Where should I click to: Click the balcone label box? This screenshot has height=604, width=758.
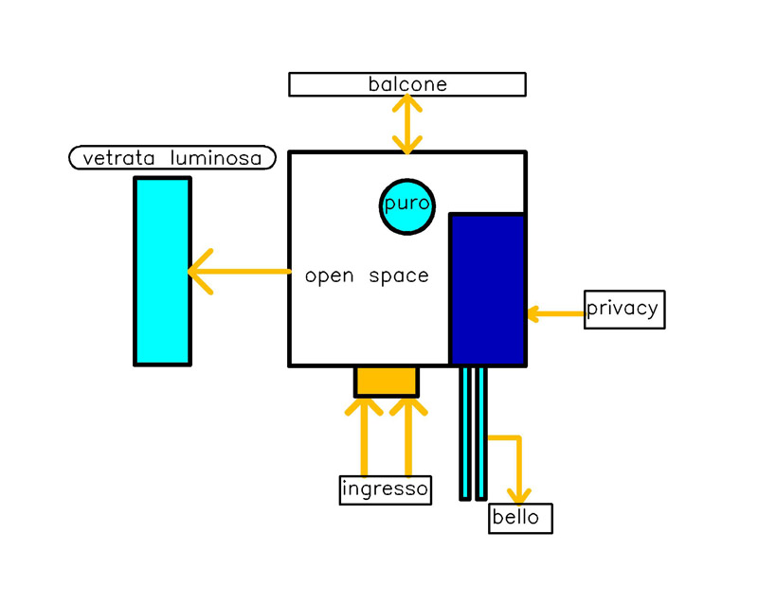click(407, 84)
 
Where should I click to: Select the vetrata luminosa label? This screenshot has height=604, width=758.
click(172, 158)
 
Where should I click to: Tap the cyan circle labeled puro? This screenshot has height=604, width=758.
click(407, 204)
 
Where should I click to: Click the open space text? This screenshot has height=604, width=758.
click(367, 276)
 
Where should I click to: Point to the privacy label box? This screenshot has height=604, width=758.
click(623, 310)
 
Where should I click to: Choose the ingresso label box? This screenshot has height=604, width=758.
click(386, 489)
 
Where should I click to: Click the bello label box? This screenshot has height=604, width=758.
click(520, 518)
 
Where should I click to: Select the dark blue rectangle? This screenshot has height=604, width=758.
click(487, 289)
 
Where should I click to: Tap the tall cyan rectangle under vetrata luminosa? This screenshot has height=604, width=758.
click(162, 271)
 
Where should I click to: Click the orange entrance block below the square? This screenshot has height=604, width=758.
click(386, 381)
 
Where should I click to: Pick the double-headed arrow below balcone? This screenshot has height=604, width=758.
click(408, 124)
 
